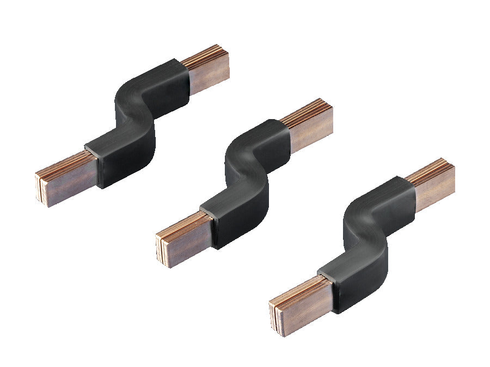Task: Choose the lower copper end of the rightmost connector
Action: (302, 299)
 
